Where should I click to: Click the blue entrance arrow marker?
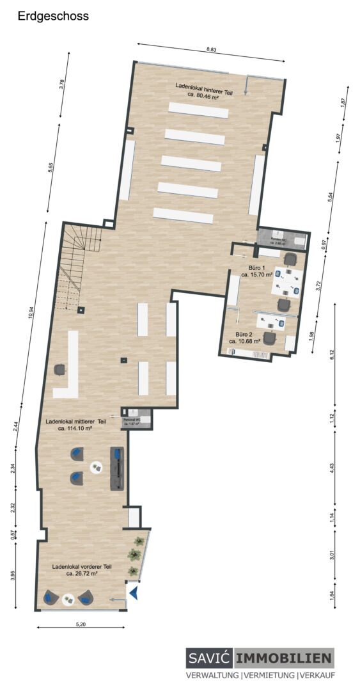coord(134,594)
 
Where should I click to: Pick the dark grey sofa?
coord(118,468)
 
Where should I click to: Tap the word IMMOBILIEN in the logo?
coord(284,658)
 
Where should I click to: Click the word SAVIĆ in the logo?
coord(210,658)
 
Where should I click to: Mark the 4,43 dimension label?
coord(331,466)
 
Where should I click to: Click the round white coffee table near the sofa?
coord(97,468)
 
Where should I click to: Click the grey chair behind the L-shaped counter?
coord(60,369)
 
